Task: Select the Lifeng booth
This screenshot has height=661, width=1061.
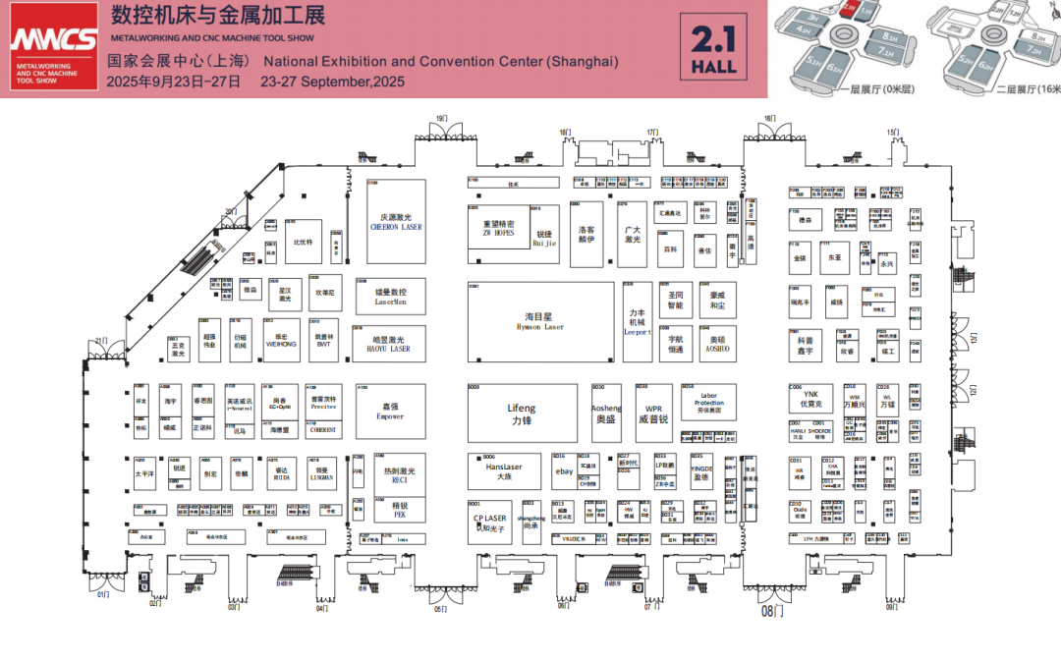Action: click(x=522, y=413)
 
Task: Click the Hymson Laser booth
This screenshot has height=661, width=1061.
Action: click(x=539, y=321)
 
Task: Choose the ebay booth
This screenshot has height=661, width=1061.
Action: click(x=563, y=471)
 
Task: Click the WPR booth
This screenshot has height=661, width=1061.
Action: click(x=653, y=413)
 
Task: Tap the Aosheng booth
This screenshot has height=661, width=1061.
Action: click(x=606, y=413)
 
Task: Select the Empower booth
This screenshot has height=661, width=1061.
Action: click(x=390, y=411)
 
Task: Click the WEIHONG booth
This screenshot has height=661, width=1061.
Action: click(x=281, y=340)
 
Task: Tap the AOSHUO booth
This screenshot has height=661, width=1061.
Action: click(x=717, y=343)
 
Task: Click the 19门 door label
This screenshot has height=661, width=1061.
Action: click(x=442, y=119)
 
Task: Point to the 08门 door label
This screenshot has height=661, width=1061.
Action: click(x=774, y=611)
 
